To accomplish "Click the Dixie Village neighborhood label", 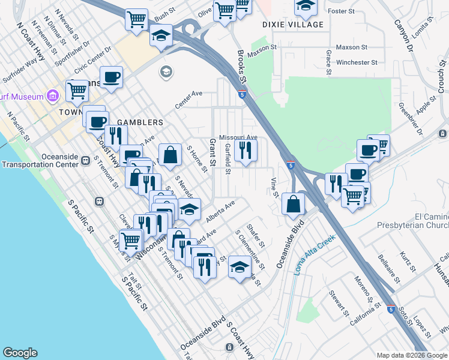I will click(x=294, y=25).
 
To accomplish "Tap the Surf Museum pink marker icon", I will click(x=52, y=96).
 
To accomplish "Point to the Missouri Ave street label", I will click(x=238, y=137).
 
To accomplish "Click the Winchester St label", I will click(x=357, y=62).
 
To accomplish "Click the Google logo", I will click(x=20, y=353).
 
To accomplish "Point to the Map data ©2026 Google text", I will click(x=412, y=355).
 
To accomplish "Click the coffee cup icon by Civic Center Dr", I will click(x=112, y=77).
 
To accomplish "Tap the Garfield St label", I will click(x=228, y=160).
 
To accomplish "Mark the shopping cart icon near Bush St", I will click(x=136, y=19).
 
